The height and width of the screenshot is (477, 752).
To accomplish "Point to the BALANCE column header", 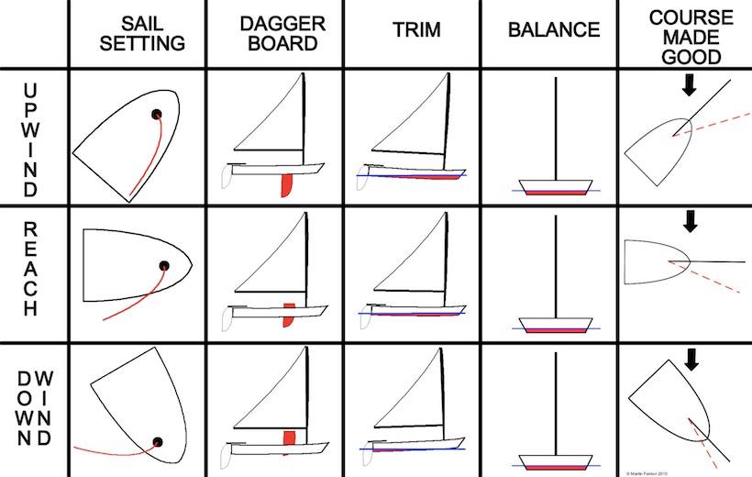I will click(x=554, y=30).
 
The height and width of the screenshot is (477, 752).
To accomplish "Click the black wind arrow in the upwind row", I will click(x=690, y=85).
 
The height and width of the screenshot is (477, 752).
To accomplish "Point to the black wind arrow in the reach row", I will click(x=690, y=221).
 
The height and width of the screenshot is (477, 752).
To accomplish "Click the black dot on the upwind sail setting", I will click(x=156, y=115).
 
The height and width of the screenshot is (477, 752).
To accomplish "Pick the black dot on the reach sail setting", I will click(x=164, y=266).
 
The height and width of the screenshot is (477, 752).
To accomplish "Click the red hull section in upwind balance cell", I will click(x=555, y=191).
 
